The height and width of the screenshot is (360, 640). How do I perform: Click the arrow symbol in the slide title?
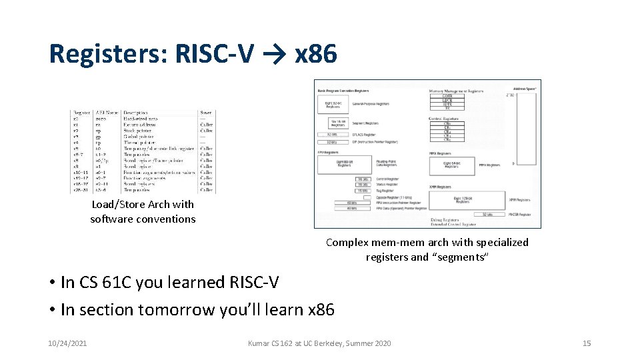tap(275, 54)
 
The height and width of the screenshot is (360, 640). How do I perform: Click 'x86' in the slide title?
tap(315, 54)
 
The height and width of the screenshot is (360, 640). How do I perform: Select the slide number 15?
tap(587, 343)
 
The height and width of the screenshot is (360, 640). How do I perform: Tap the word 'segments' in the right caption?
tap(460, 257)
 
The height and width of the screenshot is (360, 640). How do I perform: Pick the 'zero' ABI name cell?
tap(102, 119)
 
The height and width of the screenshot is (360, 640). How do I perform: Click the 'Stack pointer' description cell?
tap(138, 131)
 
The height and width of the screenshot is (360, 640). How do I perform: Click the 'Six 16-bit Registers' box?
tap(338, 123)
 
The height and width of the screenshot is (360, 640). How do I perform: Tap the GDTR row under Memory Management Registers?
tap(447, 96)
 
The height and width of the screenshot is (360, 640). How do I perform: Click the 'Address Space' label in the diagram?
tap(524, 88)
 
